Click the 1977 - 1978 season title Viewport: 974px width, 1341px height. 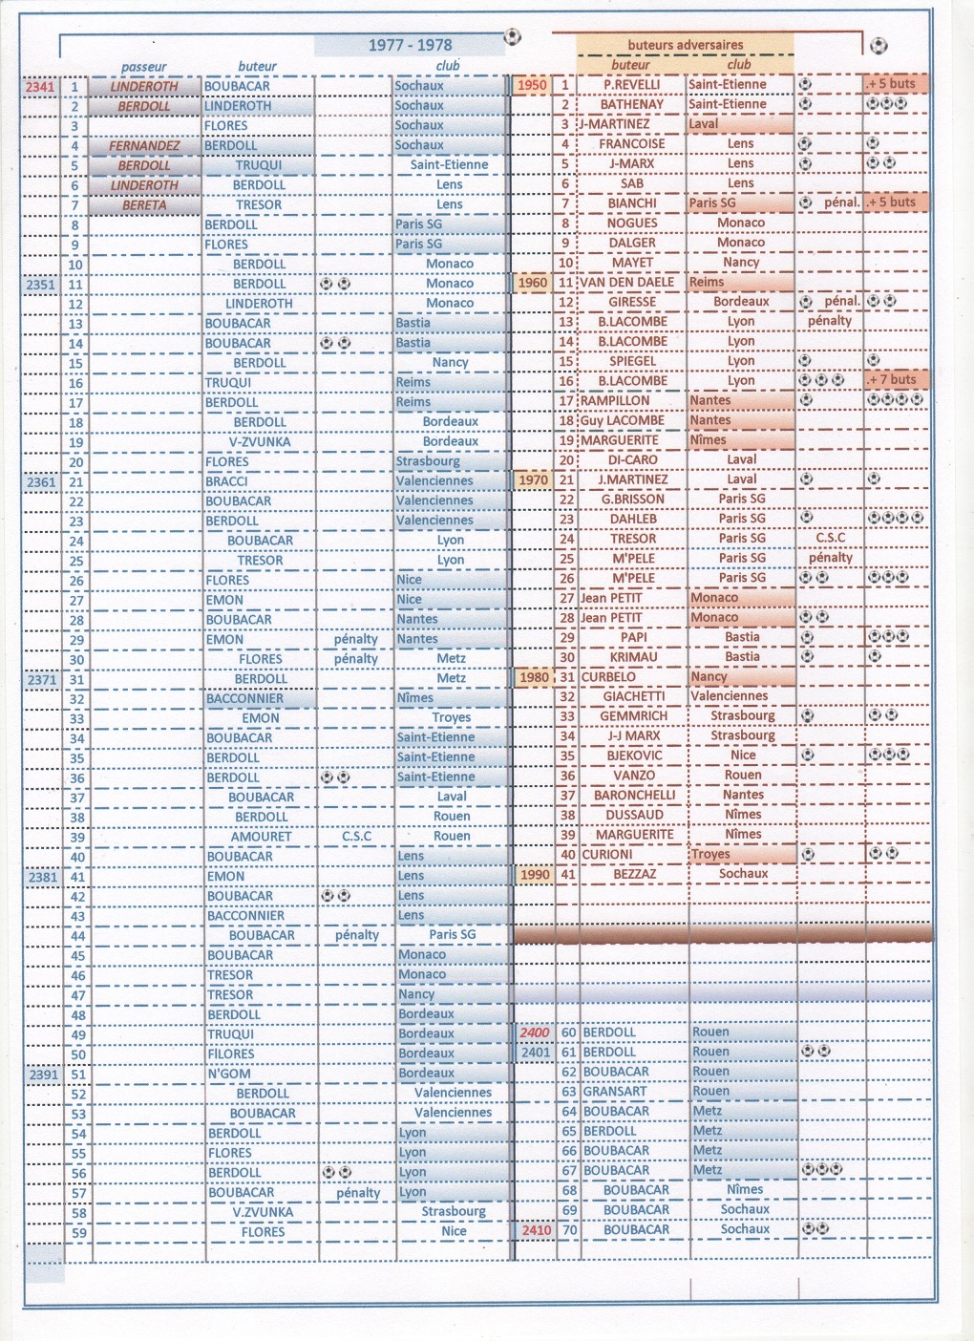(x=410, y=45)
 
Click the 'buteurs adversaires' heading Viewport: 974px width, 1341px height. (x=685, y=45)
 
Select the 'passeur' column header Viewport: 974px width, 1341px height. (x=144, y=67)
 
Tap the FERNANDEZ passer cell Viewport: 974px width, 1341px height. (x=144, y=146)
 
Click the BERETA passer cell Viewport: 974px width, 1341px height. (x=144, y=205)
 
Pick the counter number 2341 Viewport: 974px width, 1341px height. (x=40, y=87)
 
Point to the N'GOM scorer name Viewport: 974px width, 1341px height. (x=229, y=1074)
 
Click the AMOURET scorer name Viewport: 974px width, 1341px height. (x=261, y=837)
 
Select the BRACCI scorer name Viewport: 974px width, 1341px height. (x=226, y=481)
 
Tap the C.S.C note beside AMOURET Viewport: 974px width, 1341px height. (x=356, y=837)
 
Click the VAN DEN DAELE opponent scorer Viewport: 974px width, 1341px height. (x=627, y=283)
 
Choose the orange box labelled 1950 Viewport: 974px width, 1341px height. (x=532, y=85)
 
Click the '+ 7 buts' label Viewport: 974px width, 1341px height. (x=892, y=380)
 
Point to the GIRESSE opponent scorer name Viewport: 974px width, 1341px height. (x=632, y=302)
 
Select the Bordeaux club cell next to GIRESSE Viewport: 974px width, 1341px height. (x=741, y=302)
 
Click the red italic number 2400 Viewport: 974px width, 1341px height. (x=535, y=1032)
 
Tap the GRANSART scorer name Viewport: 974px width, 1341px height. (x=614, y=1092)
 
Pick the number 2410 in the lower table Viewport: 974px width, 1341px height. (x=536, y=1230)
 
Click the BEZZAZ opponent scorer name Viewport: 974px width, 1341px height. (x=634, y=874)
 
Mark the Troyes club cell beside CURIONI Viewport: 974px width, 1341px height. (x=710, y=854)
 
